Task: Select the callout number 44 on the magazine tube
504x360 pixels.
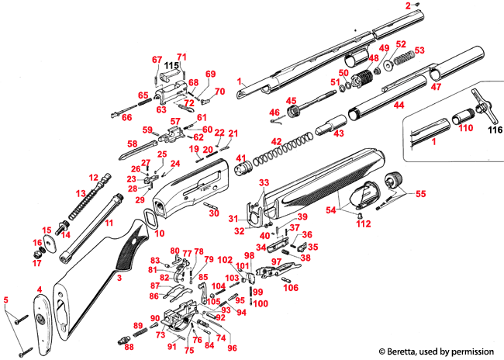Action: [x=399, y=104]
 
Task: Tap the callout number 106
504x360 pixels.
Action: [x=290, y=288]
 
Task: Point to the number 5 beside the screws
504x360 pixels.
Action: [x=6, y=299]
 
